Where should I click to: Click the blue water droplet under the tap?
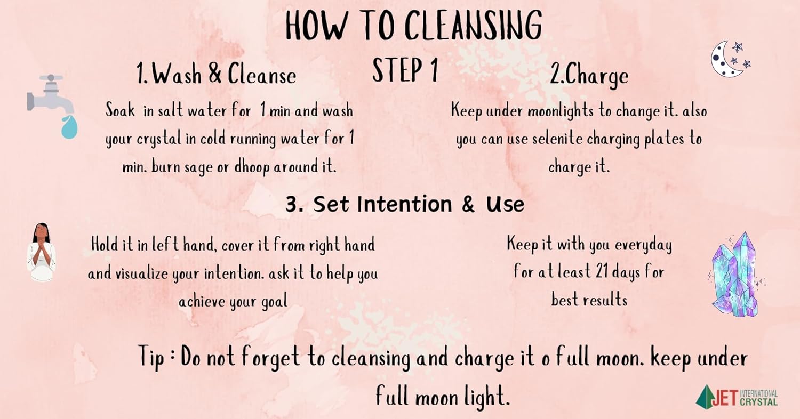coord(69,127)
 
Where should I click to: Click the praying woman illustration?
coord(42,252)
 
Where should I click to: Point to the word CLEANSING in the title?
coord(473,25)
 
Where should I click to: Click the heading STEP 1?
coord(405,70)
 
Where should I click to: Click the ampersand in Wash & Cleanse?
coord(215,73)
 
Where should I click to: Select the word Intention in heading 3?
coord(405,204)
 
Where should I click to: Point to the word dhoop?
coord(252,167)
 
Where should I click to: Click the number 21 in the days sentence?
coord(602,271)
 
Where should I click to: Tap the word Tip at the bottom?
coord(151,357)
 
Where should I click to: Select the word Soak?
coord(121,110)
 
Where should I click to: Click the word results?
coord(605,300)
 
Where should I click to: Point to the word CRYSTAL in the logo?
coord(758,402)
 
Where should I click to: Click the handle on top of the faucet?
coord(51,78)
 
